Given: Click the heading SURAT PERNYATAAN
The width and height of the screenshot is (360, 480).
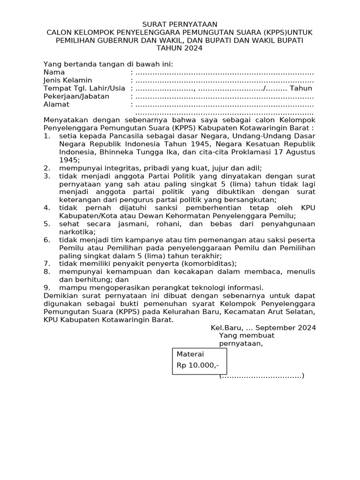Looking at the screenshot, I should [x=180, y=24].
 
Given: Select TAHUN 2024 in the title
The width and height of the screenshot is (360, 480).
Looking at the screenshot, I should [x=180, y=48].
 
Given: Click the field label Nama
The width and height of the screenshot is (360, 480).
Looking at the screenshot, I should [x=54, y=72].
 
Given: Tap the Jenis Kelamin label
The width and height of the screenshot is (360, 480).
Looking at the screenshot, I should [x=67, y=81].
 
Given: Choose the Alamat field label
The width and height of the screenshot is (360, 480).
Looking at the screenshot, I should [x=56, y=105].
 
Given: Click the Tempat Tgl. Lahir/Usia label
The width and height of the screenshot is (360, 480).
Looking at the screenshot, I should [x=84, y=89].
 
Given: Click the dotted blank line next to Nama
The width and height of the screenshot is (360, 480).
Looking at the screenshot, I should [x=224, y=73].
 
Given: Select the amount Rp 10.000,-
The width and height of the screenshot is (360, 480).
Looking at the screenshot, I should [x=197, y=365].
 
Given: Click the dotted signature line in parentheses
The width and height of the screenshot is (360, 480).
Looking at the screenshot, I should [x=262, y=376].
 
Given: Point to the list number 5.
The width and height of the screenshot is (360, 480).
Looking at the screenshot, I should [x=46, y=224].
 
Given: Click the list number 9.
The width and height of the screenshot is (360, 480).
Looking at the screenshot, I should [x=46, y=287].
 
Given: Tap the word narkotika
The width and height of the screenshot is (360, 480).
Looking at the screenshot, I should [x=76, y=232].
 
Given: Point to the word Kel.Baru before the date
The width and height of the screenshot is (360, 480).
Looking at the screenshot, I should [x=225, y=328].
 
